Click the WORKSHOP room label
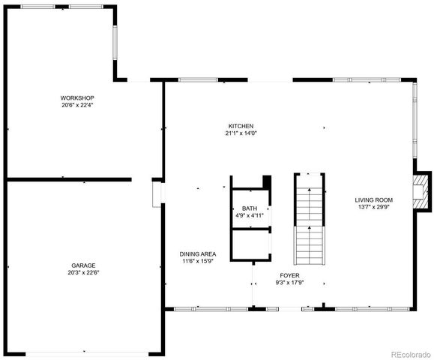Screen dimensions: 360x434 point(78,97)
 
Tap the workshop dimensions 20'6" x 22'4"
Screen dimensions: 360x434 point(78,105)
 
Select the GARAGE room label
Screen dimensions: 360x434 point(83,265)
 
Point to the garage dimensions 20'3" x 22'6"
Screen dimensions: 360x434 point(83,273)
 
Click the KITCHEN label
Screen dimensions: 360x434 point(241,125)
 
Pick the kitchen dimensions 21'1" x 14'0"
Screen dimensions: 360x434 point(241,133)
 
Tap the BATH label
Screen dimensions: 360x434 point(249,208)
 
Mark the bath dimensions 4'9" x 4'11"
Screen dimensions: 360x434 point(249,216)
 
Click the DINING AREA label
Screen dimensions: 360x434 point(199,253)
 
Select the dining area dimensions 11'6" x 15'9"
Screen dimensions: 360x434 point(199,261)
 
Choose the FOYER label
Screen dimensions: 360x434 point(290,275)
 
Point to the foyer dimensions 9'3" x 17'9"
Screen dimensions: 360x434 point(290,283)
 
